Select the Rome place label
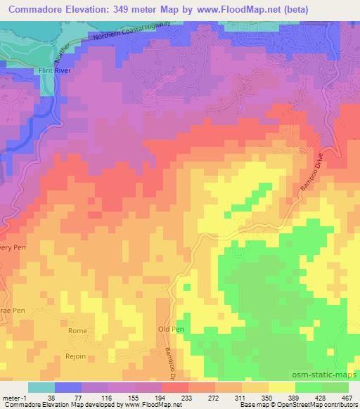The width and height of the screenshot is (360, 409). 77,331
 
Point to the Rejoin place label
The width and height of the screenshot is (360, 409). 76,356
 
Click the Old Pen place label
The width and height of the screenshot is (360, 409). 170,329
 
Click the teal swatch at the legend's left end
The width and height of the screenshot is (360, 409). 41,387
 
